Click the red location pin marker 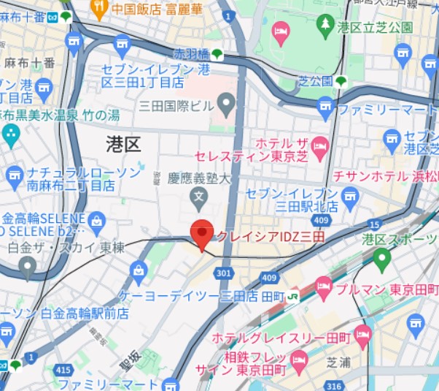[202, 233]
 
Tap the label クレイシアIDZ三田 [270, 236]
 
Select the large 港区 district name [123, 143]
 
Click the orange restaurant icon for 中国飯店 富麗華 [100, 9]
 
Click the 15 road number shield [375, 224]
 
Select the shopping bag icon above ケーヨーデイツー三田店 [138, 273]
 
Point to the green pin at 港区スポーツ [381, 258]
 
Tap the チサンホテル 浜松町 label [384, 176]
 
